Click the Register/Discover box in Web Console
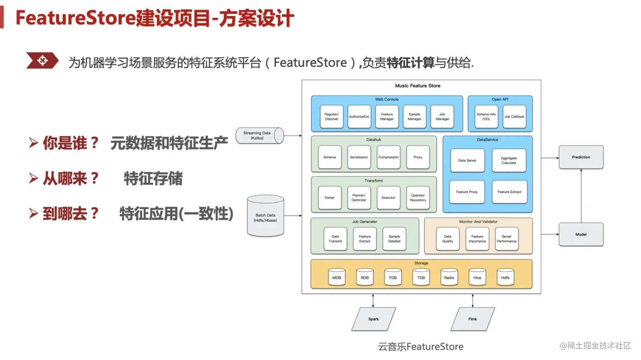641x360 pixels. point(332,117)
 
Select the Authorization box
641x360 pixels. point(359,117)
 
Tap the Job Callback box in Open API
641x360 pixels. point(514,117)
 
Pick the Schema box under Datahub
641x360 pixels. point(330,157)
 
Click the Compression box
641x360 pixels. point(389,157)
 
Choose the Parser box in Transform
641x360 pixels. point(330,198)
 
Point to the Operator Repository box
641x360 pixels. point(418,198)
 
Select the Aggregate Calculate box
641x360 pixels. point(509,161)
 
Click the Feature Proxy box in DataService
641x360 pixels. point(467,192)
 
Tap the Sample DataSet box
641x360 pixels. point(394,239)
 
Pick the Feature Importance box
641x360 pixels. point(477,239)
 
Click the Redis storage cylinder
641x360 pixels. point(449,277)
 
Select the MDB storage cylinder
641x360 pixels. point(337,277)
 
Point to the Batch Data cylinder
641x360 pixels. point(265,215)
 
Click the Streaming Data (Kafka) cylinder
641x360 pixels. point(259,135)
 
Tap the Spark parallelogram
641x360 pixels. point(373,319)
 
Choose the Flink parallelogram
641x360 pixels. point(472,319)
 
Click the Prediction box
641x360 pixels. point(581,157)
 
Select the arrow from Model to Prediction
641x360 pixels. point(581,196)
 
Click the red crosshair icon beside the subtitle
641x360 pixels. point(42,61)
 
